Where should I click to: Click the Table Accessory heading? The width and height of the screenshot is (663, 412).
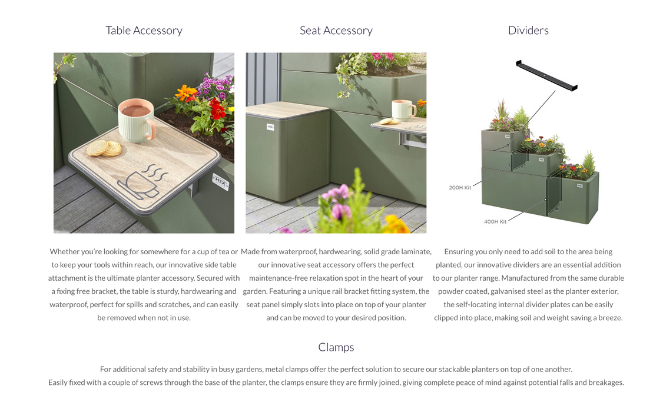tap(144, 31)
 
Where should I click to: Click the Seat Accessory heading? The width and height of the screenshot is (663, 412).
tap(336, 31)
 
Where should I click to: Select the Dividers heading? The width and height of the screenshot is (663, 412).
tap(528, 31)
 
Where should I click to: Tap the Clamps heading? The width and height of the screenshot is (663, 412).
tap(336, 347)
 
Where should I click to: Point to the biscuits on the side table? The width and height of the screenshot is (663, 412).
tap(104, 148)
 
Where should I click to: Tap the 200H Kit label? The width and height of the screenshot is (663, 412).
tap(460, 188)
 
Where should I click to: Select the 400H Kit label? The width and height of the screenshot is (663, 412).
tap(495, 221)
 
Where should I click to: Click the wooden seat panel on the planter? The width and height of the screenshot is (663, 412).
tap(286, 110)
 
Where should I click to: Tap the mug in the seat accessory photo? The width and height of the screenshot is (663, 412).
tap(403, 110)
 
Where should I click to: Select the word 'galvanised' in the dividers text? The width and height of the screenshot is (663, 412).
tap(510, 291)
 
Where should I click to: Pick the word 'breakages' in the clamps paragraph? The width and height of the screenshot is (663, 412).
tap(605, 383)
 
